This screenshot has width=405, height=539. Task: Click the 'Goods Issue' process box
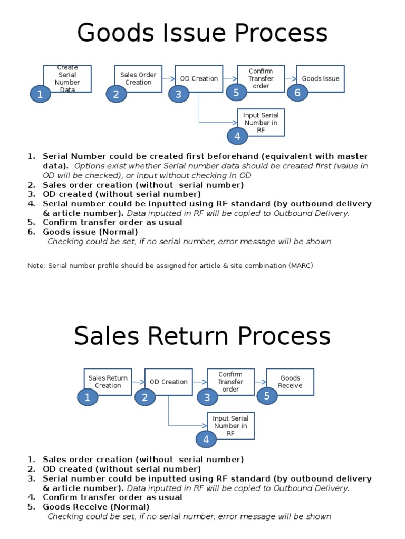pos(321,78)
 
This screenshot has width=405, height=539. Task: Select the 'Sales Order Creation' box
pos(138,78)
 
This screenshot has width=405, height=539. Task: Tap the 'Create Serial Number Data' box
pos(67,78)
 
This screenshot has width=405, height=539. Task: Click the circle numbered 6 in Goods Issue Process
pos(297,93)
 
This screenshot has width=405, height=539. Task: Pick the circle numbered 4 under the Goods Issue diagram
pos(237,136)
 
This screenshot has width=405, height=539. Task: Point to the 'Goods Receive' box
pos(290,382)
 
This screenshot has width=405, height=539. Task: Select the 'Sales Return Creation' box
pos(108,382)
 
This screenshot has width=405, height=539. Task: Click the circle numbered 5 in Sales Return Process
pos(267,396)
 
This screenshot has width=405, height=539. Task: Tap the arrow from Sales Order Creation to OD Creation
pos(168,79)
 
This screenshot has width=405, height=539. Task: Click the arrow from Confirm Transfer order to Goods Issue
pos(291,79)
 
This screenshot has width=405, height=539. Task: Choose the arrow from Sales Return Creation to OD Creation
pos(138,382)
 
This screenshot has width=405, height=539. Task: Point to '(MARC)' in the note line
pos(300,266)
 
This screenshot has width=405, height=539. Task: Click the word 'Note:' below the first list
pos(36,266)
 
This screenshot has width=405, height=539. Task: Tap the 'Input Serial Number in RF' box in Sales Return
pos(230,426)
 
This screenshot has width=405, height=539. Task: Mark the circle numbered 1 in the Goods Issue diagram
pos(40,94)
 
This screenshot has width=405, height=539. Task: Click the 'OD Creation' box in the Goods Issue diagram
pos(199,78)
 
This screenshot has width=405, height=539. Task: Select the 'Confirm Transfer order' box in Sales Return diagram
pos(230,382)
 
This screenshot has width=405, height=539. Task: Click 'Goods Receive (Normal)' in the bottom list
pos(96,507)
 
